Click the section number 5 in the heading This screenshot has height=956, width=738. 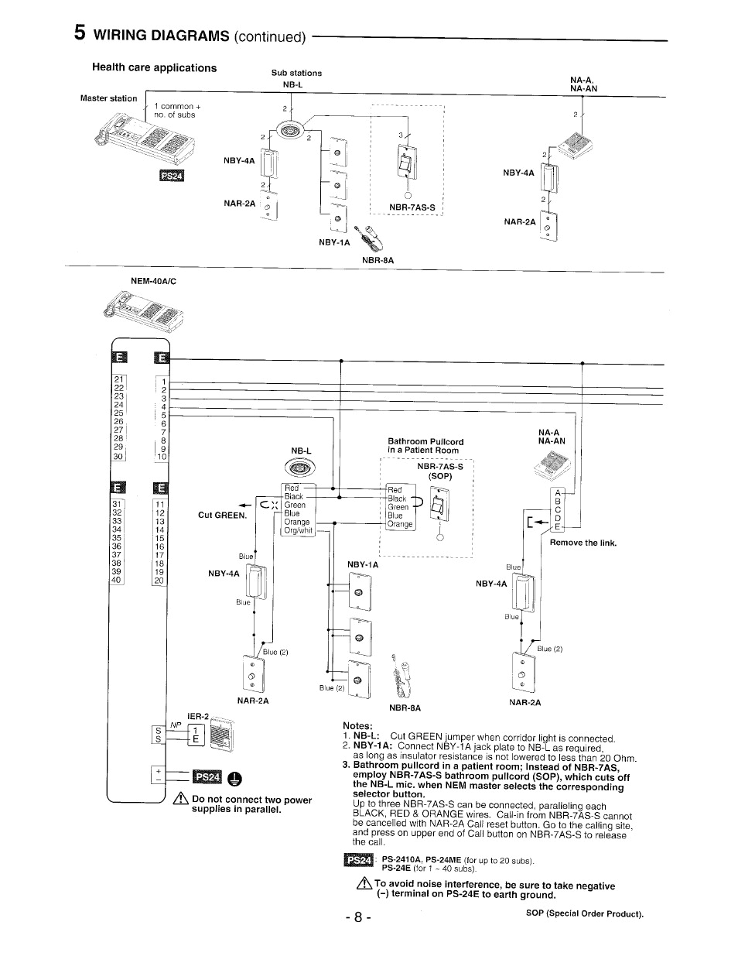tap(80, 33)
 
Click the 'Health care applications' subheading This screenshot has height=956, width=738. tap(154, 67)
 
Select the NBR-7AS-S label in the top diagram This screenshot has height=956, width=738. tap(412, 207)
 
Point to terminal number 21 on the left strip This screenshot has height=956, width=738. tap(118, 379)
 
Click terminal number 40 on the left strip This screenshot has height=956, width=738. tap(117, 579)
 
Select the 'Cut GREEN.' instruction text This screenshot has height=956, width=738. tap(222, 516)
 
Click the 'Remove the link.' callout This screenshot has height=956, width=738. tap(583, 543)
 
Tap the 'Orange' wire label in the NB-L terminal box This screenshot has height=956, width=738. tap(296, 522)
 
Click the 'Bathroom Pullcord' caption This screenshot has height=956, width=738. tap(425, 442)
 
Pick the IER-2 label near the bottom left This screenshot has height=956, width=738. tap(198, 716)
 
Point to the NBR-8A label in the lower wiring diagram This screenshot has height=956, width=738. tap(405, 708)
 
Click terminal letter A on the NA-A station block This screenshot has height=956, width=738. tap(557, 492)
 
